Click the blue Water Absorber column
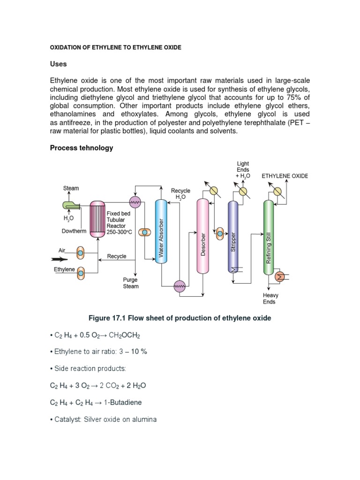click(161, 231)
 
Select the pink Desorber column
click(202, 236)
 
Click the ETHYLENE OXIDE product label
click(285, 176)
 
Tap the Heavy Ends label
click(270, 299)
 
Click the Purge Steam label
click(131, 283)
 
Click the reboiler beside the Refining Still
click(281, 277)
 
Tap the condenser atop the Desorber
click(214, 190)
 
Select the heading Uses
click(59, 64)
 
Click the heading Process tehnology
click(82, 148)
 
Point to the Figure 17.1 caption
click(180, 318)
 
